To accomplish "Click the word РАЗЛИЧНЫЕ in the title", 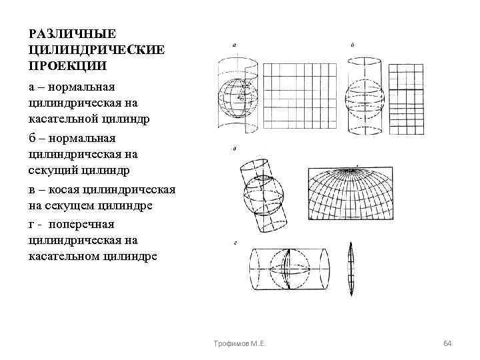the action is (63, 33).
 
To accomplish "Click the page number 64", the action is (448, 343).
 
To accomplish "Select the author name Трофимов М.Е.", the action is (236, 343).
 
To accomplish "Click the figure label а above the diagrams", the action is (234, 45).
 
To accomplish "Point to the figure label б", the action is (352, 45).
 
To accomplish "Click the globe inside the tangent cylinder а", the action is (237, 98).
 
